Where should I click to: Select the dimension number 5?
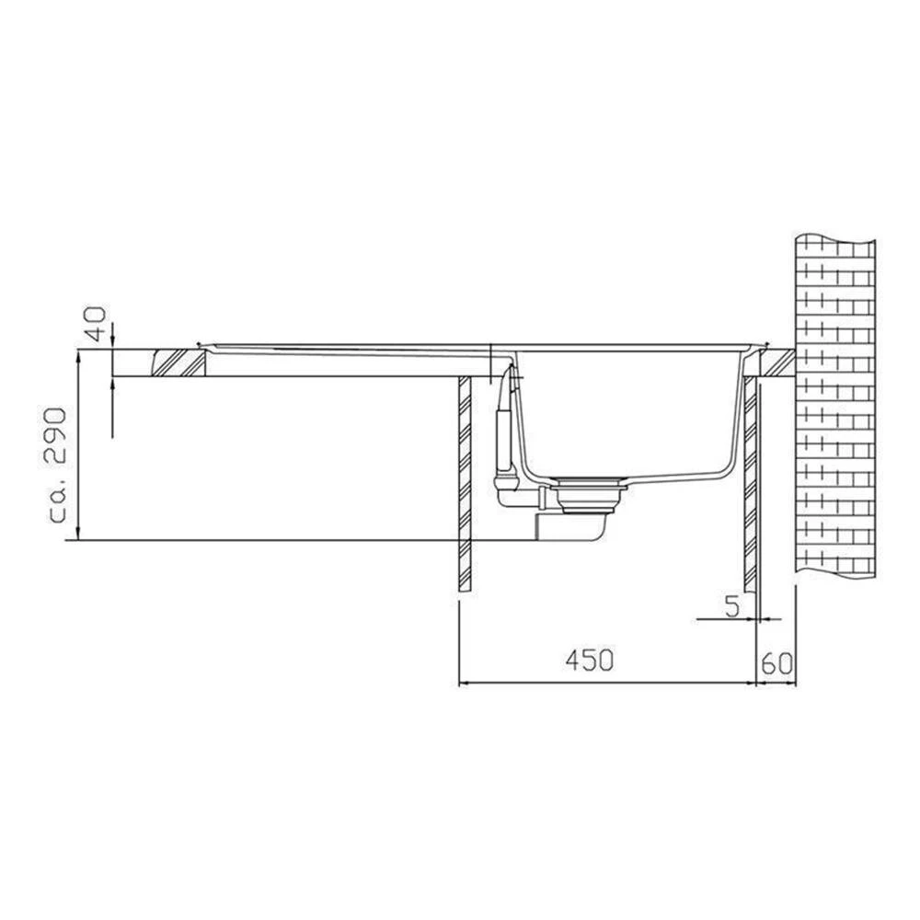(x=731, y=606)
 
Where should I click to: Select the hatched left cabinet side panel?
(x=465, y=483)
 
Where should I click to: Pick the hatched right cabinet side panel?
(x=750, y=483)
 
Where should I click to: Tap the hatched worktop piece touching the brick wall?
(x=775, y=362)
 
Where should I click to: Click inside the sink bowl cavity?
(x=626, y=414)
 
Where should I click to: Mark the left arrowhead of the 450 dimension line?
(x=464, y=683)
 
